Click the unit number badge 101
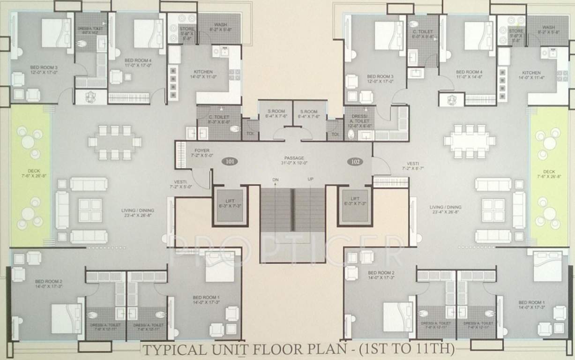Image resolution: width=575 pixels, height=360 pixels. [229, 161]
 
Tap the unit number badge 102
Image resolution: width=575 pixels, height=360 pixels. [355, 161]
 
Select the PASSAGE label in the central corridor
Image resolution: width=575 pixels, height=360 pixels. [293, 158]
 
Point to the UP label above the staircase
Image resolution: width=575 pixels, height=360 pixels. [310, 180]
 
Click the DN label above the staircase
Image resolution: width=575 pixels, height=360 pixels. [276, 180]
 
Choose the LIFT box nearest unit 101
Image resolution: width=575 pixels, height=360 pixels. [230, 205]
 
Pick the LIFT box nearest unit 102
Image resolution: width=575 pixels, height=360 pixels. [355, 205]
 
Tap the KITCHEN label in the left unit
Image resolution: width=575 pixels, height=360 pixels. [203, 72]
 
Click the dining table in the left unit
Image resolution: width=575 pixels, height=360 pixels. [114, 142]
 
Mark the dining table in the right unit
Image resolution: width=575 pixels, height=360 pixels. [470, 141]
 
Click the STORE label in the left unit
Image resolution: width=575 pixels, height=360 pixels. [187, 29]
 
